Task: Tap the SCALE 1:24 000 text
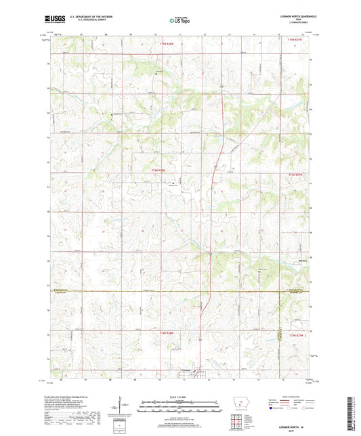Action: (x=180, y=396)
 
